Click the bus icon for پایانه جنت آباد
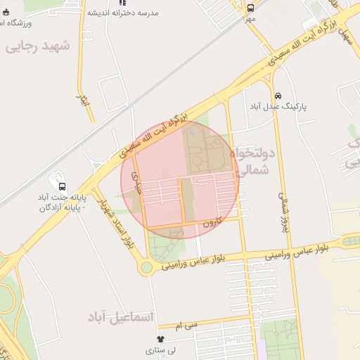pos(63,187)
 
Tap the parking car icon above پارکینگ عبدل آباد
pos(278,96)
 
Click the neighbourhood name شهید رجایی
pos(38,46)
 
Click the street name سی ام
pos(189,326)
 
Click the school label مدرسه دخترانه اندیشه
pos(123,13)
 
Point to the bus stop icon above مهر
pos(251,8)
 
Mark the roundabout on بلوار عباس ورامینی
pos(146,267)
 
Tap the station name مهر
pos(250,18)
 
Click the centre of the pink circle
pos(180,180)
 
